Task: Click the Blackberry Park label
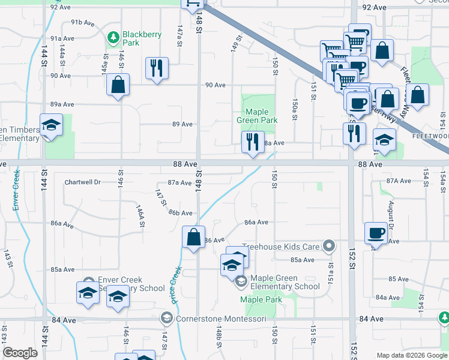tap(142, 38)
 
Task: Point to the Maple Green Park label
tap(261, 116)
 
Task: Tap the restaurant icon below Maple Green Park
tap(252, 143)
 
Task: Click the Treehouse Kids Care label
tap(280, 247)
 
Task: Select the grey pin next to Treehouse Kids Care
tap(328, 246)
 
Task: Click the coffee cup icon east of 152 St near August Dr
tap(376, 233)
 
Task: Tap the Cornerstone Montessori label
tap(220, 319)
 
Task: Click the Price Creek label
tap(175, 284)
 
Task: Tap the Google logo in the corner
tap(20, 353)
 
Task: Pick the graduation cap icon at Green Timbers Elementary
tap(51, 125)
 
